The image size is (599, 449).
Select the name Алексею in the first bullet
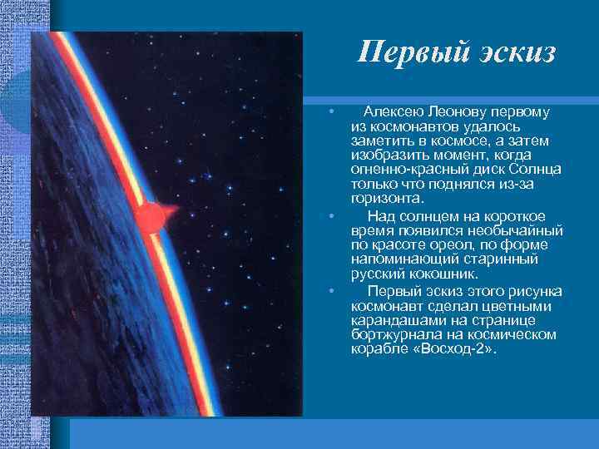pos(392,111)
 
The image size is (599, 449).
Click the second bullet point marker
pos(331,215)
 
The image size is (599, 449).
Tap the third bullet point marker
pos(331,291)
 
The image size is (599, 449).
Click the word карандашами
pos(397,320)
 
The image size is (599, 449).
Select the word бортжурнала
pos(394,334)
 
